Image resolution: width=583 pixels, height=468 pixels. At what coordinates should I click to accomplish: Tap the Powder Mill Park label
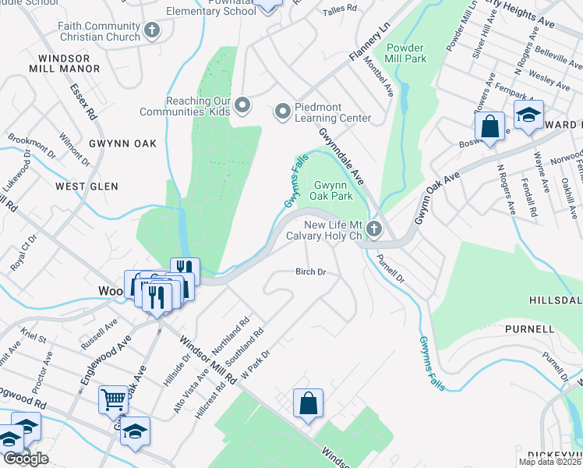click(405, 51)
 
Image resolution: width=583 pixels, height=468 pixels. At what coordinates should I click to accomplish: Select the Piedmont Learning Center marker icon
click(282, 112)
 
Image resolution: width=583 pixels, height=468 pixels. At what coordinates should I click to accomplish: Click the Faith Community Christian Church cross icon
click(152, 30)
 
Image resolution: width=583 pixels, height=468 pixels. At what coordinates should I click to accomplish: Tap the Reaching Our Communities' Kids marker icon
click(242, 105)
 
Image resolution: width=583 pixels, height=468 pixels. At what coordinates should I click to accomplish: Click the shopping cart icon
click(113, 399)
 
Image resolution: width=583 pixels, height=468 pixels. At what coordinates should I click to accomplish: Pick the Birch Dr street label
click(309, 272)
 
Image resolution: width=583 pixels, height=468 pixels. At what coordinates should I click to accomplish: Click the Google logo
click(26, 459)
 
